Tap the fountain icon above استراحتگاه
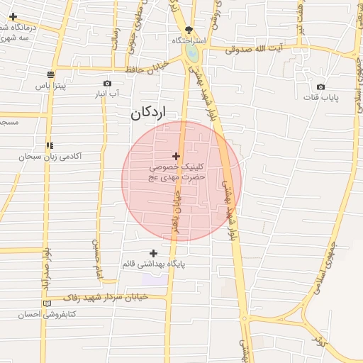189,30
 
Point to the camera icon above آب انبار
107,83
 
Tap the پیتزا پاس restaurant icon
50,74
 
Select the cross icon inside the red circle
176,155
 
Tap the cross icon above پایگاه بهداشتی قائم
153,253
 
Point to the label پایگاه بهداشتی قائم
153,264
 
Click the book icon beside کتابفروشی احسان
48,303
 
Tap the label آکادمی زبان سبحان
52,156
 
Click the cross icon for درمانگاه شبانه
13,16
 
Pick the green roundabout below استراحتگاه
191,53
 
